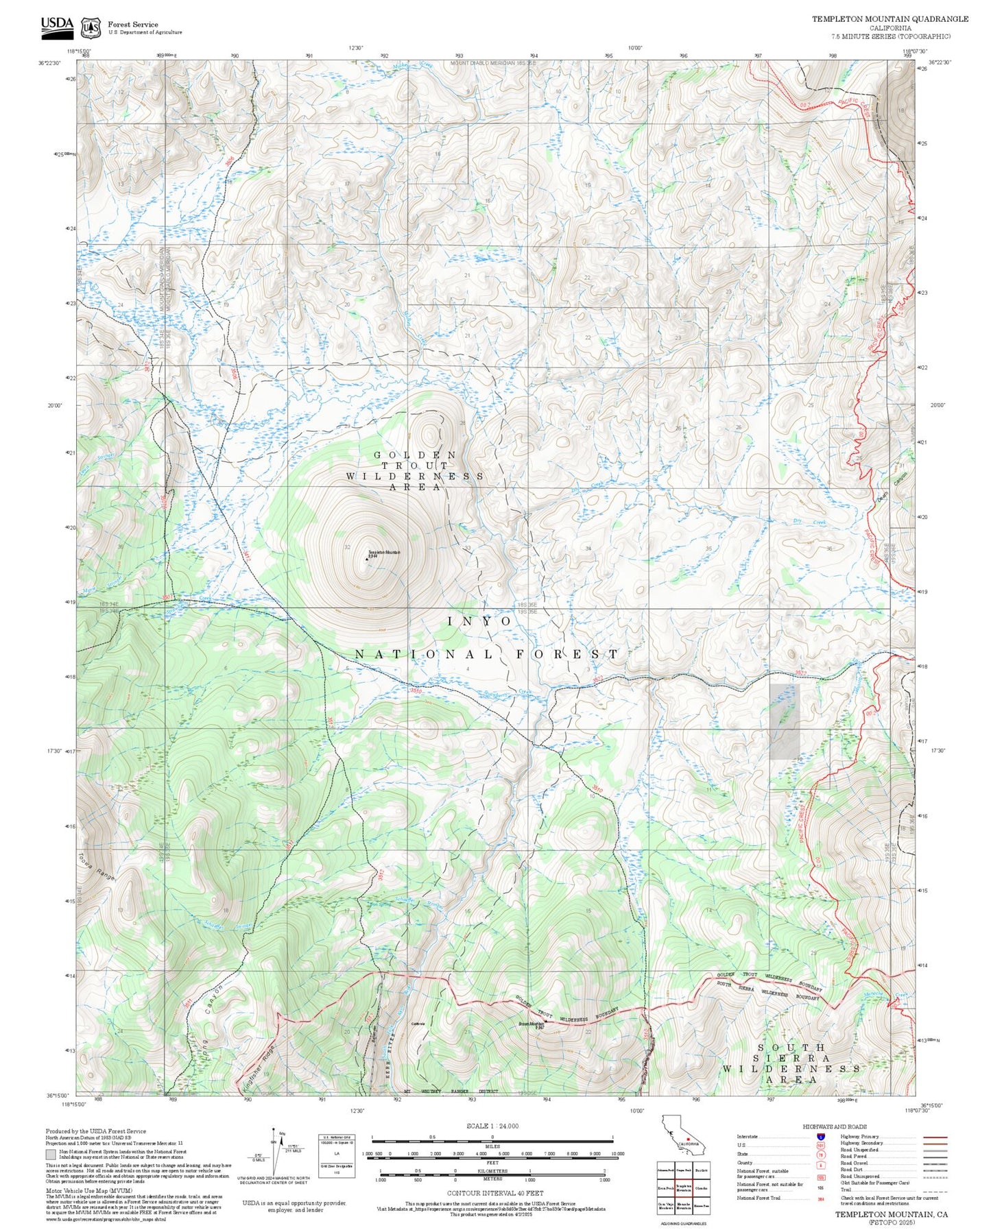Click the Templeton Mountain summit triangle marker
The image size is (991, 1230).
click(x=366, y=557)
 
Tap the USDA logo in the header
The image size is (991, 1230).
click(x=57, y=25)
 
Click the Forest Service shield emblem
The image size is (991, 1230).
click(x=90, y=27)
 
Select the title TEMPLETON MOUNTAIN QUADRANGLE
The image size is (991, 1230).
click(x=890, y=19)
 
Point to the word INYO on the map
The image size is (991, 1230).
click(x=479, y=621)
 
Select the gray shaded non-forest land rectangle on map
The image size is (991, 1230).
click(x=784, y=721)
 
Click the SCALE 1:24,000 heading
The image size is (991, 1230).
click(x=492, y=1126)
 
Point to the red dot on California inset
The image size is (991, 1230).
click(x=688, y=1142)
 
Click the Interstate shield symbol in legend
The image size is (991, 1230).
click(x=820, y=1137)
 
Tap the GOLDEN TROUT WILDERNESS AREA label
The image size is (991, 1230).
click(x=415, y=470)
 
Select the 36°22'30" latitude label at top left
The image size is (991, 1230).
click(x=49, y=63)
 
